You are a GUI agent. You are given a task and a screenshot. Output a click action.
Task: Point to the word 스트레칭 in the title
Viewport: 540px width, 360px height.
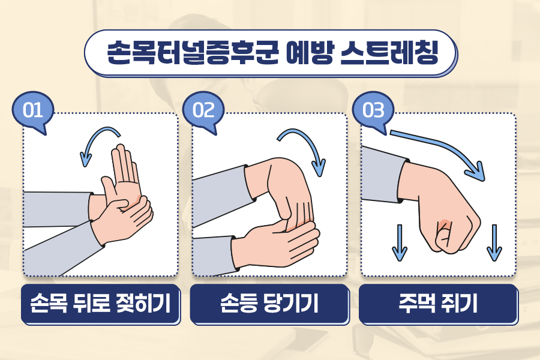pos(389,53)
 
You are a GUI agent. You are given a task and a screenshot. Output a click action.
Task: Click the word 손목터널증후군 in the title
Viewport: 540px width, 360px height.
pos(193,53)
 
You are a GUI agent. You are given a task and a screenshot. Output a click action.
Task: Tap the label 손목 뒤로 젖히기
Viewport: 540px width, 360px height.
pos(101,303)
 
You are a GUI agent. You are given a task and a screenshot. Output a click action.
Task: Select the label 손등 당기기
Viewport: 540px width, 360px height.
pos(269,303)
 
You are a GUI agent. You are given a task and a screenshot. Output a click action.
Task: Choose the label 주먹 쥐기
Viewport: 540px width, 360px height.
pos(439,303)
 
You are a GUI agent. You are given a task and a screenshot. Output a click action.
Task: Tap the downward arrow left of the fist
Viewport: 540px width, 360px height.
pos(400,243)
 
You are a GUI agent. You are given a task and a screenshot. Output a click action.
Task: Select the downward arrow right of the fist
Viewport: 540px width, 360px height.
pos(494,243)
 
